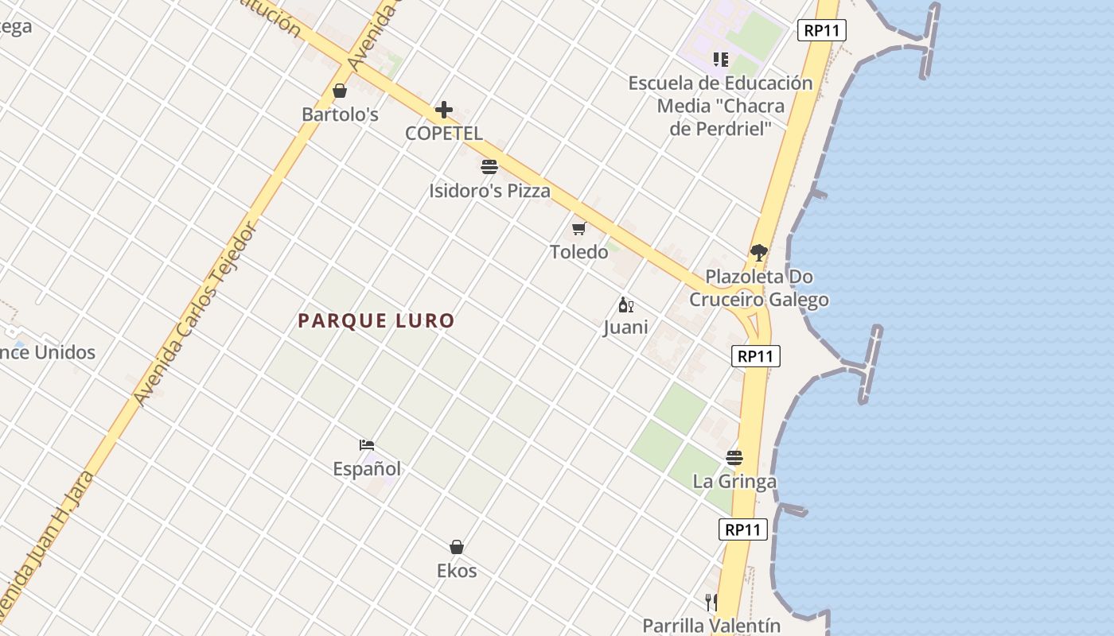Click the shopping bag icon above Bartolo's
pyautogui.click(x=340, y=91)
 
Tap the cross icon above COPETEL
pyautogui.click(x=444, y=110)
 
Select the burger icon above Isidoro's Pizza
pyautogui.click(x=489, y=167)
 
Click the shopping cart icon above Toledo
pyautogui.click(x=578, y=229)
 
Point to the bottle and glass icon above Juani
pyautogui.click(x=625, y=304)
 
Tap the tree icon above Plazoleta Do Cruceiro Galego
pyautogui.click(x=758, y=254)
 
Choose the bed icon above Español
pyautogui.click(x=367, y=445)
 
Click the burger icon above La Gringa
pyautogui.click(x=734, y=458)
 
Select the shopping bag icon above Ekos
pyautogui.click(x=457, y=547)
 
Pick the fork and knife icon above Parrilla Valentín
pyautogui.click(x=711, y=602)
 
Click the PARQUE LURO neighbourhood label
pyautogui.click(x=376, y=321)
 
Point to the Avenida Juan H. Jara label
pyautogui.click(x=48, y=549)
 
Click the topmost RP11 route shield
pyautogui.click(x=822, y=30)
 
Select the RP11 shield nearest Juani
pyautogui.click(x=756, y=356)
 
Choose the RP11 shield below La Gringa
pyautogui.click(x=743, y=529)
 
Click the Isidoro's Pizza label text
pyautogui.click(x=489, y=191)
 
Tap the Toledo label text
pyautogui.click(x=578, y=252)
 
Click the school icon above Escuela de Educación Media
pyautogui.click(x=721, y=60)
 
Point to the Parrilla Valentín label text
pyautogui.click(x=711, y=626)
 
